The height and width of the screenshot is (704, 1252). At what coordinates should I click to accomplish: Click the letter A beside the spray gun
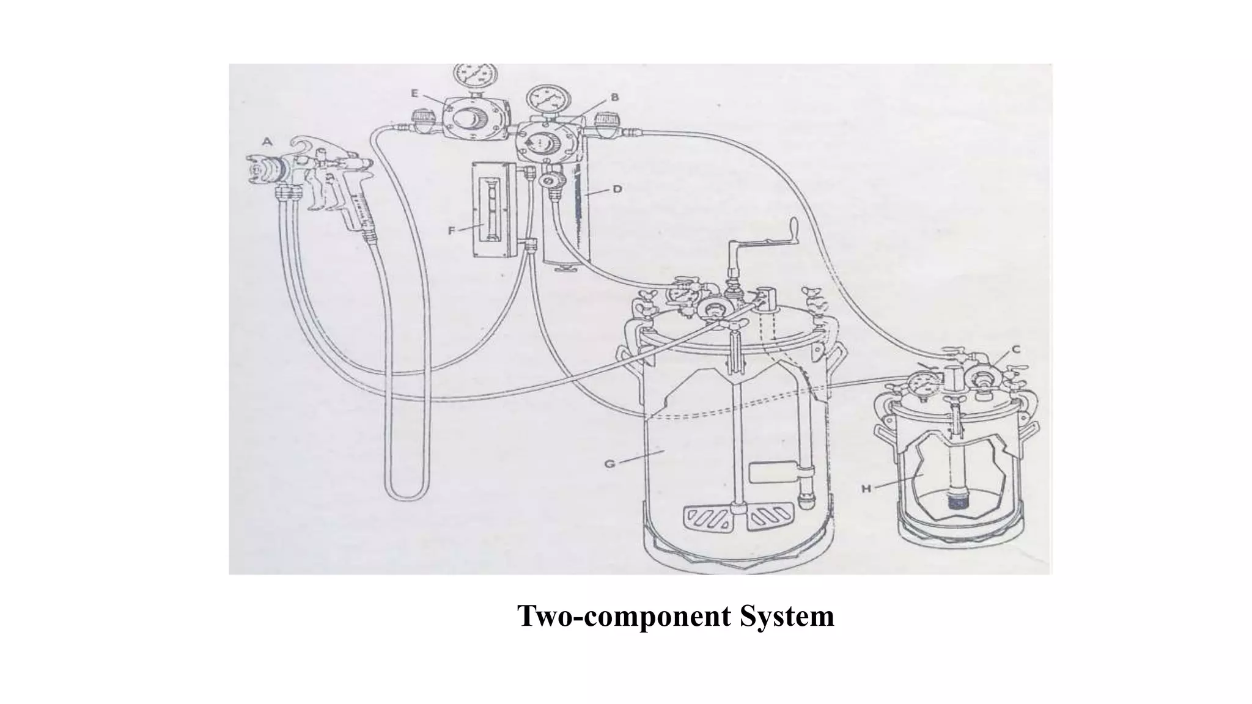point(267,142)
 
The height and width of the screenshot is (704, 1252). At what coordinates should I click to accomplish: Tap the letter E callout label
point(414,94)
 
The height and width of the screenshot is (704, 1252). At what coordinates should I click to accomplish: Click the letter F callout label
point(452,230)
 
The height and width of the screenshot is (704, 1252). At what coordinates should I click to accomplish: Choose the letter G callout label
point(609,464)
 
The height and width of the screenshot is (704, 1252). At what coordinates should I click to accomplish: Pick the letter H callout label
point(866,488)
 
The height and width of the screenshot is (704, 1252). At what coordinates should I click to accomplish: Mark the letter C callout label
point(1015,350)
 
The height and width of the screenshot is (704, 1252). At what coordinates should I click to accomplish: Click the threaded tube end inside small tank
point(955,501)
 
